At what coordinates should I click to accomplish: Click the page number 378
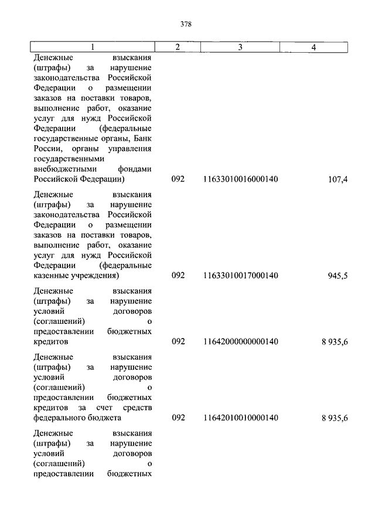click(x=186, y=24)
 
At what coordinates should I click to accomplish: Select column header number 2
click(x=178, y=47)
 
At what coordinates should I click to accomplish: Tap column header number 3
click(x=240, y=47)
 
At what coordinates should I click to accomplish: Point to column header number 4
click(x=314, y=47)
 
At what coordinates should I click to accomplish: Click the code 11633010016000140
click(x=240, y=179)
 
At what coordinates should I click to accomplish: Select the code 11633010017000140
click(x=240, y=275)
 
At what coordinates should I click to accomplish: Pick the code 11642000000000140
click(x=240, y=341)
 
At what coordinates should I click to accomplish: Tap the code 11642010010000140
click(x=240, y=418)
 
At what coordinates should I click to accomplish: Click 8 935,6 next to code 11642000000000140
click(x=335, y=342)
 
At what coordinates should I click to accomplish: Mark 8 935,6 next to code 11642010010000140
click(x=335, y=418)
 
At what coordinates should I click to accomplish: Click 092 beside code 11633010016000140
click(x=178, y=179)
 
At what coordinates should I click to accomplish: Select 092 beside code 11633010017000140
click(x=178, y=275)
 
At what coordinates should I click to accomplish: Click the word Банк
click(x=143, y=138)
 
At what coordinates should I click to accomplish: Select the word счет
click(x=108, y=408)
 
